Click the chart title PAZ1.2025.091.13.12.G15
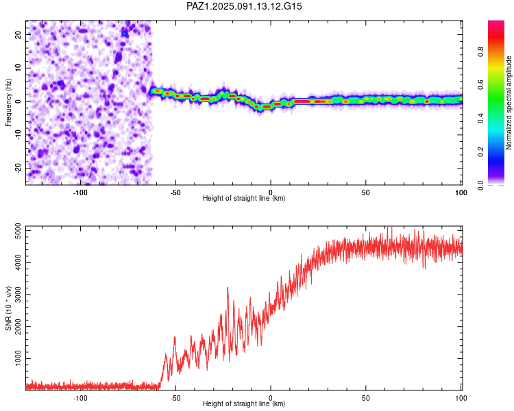pyautogui.click(x=244, y=6)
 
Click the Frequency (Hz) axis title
pyautogui.click(x=8, y=103)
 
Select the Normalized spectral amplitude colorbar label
pyautogui.click(x=509, y=103)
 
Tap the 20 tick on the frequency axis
pyautogui.click(x=18, y=34)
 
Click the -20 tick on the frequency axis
pyautogui.click(x=18, y=168)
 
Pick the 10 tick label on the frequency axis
pyautogui.click(x=18, y=68)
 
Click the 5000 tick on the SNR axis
pyautogui.click(x=18, y=231)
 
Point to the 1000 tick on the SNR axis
pyautogui.click(x=18, y=358)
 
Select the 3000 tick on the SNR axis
pyautogui.click(x=18, y=295)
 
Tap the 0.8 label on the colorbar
pyautogui.click(x=480, y=52)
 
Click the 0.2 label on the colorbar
pyautogui.click(x=480, y=152)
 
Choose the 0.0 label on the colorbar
pyautogui.click(x=480, y=185)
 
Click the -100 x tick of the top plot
pyautogui.click(x=80, y=192)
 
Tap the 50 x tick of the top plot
pyautogui.click(x=366, y=192)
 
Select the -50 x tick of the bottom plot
pyautogui.click(x=175, y=398)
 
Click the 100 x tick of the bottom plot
pyautogui.click(x=461, y=398)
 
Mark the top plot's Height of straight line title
pyautogui.click(x=244, y=198)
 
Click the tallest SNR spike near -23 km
pyautogui.click(x=228, y=288)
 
